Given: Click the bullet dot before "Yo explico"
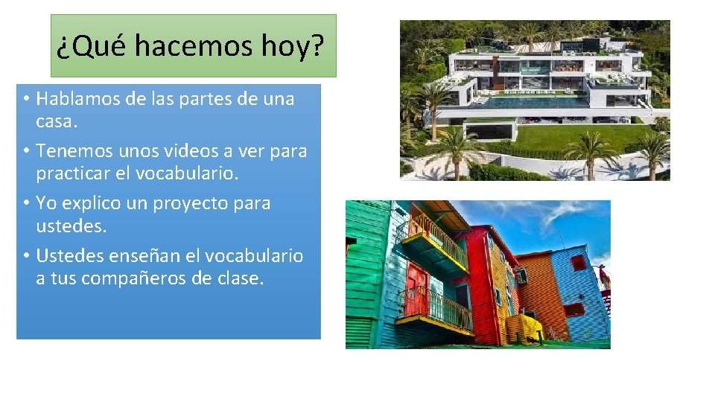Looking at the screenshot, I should (25, 203).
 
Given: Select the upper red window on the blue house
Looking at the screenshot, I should (578, 262).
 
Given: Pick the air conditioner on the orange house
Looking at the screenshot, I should (521, 276).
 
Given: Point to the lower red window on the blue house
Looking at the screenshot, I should (574, 309).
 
